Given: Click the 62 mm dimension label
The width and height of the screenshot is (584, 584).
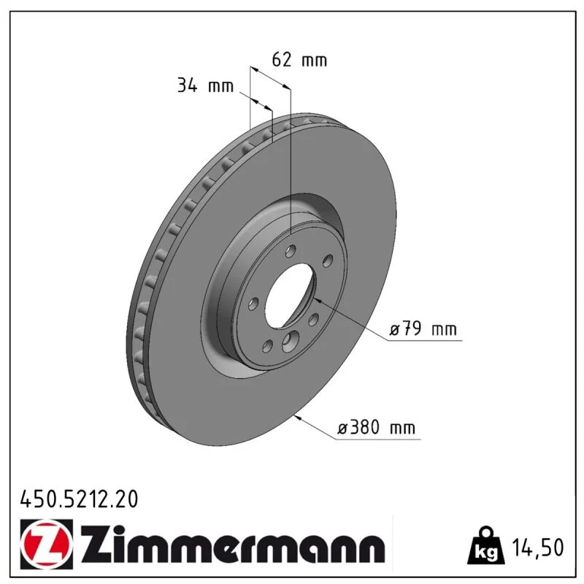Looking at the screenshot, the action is pyautogui.click(x=299, y=60).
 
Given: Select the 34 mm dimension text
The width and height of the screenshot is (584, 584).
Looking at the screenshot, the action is pyautogui.click(x=205, y=85).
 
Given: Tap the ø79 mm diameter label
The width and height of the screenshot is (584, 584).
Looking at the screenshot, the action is pyautogui.click(x=423, y=329).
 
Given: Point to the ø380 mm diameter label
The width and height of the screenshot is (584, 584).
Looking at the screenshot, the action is pyautogui.click(x=376, y=427).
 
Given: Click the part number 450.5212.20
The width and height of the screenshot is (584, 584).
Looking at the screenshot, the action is pyautogui.click(x=79, y=499).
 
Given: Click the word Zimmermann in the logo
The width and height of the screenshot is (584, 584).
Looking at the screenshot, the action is pyautogui.click(x=233, y=544).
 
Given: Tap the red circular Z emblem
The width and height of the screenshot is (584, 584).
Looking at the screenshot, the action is pyautogui.click(x=47, y=544).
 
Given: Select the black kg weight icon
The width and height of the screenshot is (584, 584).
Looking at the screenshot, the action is pyautogui.click(x=486, y=545).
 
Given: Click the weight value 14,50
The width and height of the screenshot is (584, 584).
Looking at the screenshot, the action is pyautogui.click(x=538, y=547).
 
